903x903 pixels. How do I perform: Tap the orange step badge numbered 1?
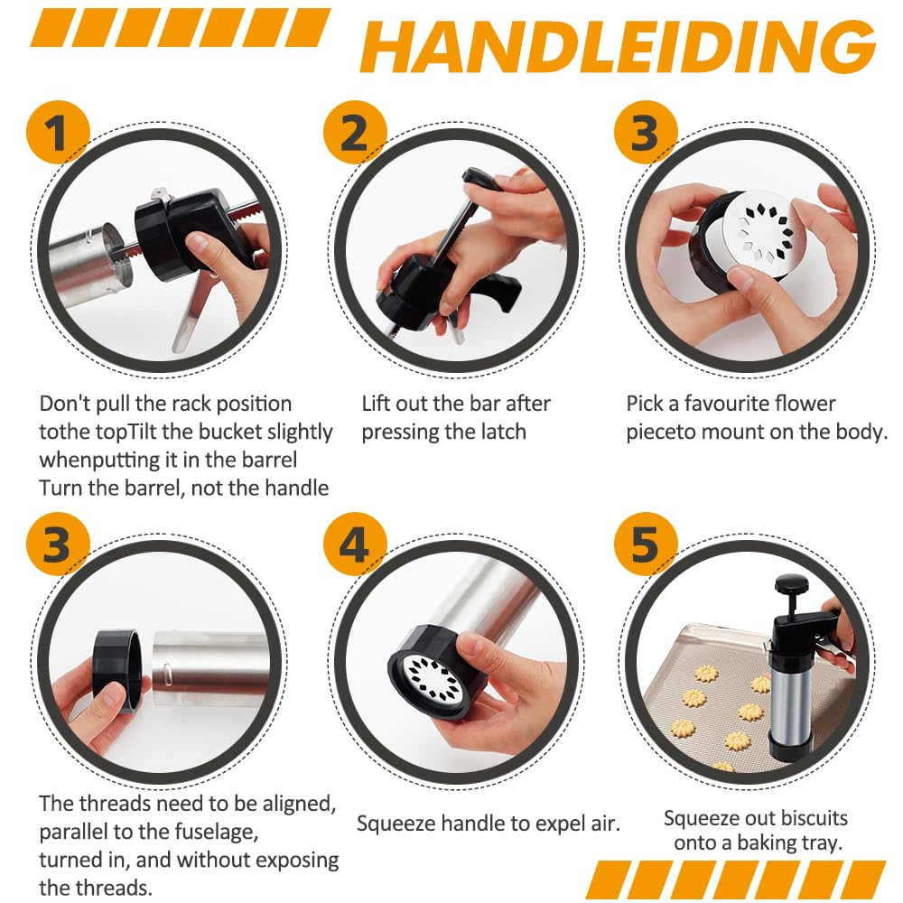(58, 133)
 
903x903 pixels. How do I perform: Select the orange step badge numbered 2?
(355, 133)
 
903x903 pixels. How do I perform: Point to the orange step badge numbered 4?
(355, 545)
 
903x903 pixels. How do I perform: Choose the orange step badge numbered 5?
(646, 545)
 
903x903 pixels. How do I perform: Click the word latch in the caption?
(498, 432)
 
